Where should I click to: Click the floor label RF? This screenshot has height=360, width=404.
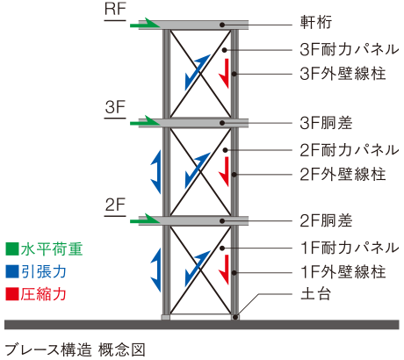point(116,11)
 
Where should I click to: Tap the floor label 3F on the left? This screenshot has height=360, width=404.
point(116,108)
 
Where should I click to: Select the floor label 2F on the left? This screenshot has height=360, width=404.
point(116,205)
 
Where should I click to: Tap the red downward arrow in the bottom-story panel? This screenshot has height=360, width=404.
point(225,267)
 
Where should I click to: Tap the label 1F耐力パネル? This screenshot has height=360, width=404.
point(338,247)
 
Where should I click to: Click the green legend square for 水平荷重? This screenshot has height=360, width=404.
point(11,249)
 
